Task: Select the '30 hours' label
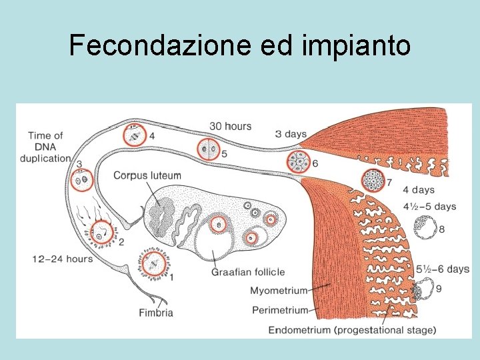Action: (x=230, y=126)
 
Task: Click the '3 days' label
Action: (x=291, y=134)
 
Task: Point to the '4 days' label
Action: (x=418, y=191)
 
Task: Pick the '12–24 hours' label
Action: (x=63, y=259)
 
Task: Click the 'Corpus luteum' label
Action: (x=147, y=175)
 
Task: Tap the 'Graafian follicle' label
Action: (x=248, y=272)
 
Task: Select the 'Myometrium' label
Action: (x=279, y=291)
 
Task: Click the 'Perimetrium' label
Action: (x=280, y=310)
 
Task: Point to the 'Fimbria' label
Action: (x=156, y=313)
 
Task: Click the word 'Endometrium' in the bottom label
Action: (x=298, y=329)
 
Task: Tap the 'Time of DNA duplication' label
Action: (x=45, y=147)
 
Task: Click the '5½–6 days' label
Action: (x=443, y=269)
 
